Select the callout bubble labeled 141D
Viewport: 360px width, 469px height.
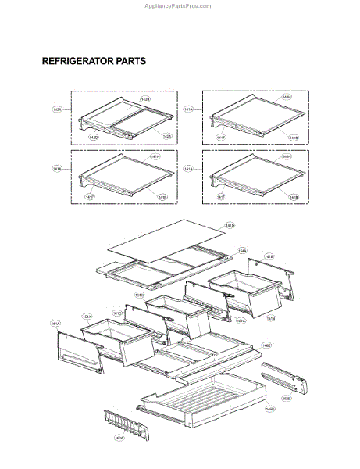(x=229, y=226)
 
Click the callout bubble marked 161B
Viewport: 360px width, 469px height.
(x=268, y=256)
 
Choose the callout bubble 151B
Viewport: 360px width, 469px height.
(x=270, y=318)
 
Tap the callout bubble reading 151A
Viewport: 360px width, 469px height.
(x=87, y=317)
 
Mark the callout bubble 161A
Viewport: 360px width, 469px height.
(x=55, y=322)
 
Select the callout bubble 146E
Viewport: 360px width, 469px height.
(x=266, y=345)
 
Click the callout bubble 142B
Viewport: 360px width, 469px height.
(x=145, y=99)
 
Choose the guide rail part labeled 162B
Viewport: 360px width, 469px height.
(x=286, y=378)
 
